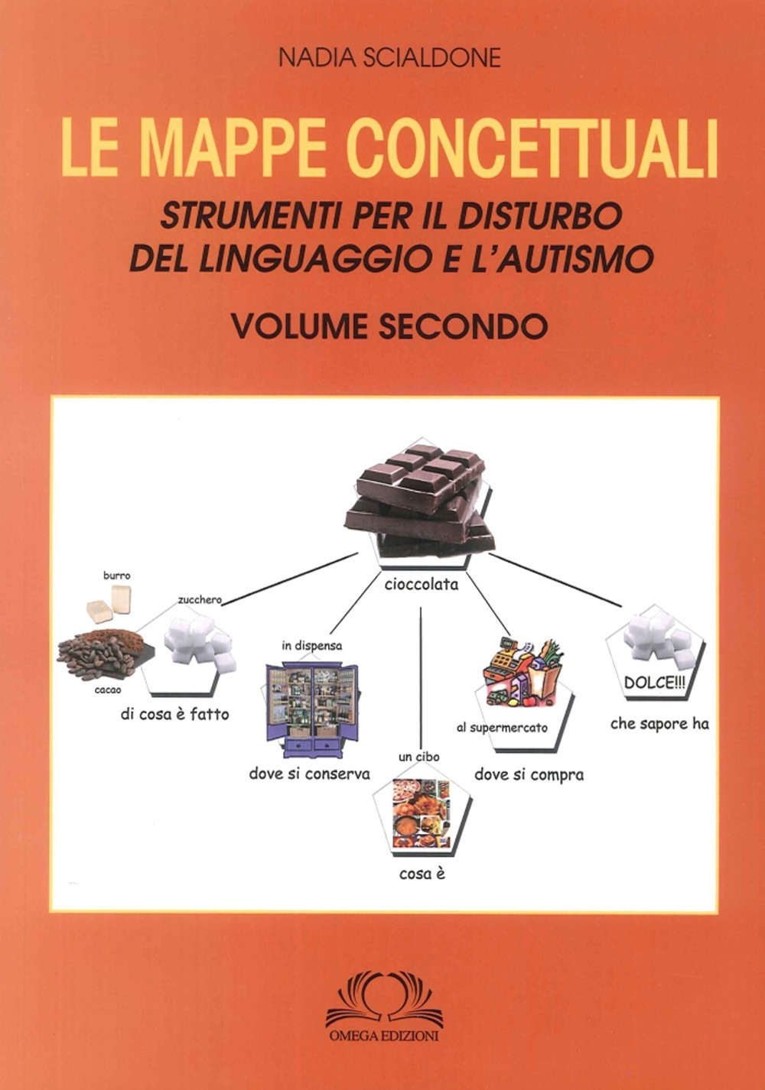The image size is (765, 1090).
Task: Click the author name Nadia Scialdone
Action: (389, 58)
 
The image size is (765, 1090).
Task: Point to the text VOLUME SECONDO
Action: (389, 326)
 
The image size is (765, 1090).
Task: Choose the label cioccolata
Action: (422, 585)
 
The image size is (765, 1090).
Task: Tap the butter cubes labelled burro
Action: (109, 602)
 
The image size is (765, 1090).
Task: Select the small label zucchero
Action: (200, 600)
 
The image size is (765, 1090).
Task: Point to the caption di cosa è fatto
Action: (174, 715)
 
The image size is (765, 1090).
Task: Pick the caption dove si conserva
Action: (309, 774)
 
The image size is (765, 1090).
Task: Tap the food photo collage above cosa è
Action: (422, 814)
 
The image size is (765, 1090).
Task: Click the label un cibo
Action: (418, 757)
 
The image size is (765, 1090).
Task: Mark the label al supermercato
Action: (502, 728)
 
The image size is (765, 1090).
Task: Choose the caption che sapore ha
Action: (659, 723)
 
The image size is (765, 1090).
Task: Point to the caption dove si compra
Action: (529, 775)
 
